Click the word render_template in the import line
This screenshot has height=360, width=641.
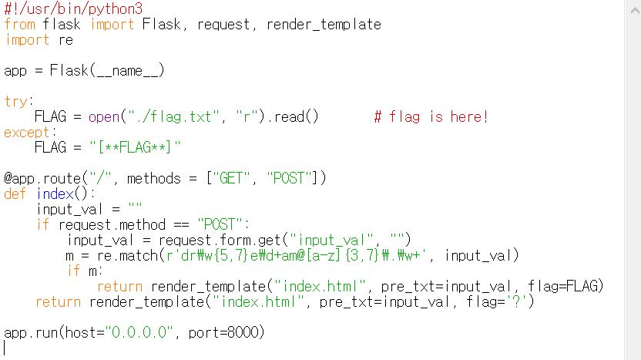pyautogui.click(x=324, y=24)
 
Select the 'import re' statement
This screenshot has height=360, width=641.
pyautogui.click(x=39, y=39)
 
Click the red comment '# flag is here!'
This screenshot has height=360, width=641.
pyautogui.click(x=431, y=116)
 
